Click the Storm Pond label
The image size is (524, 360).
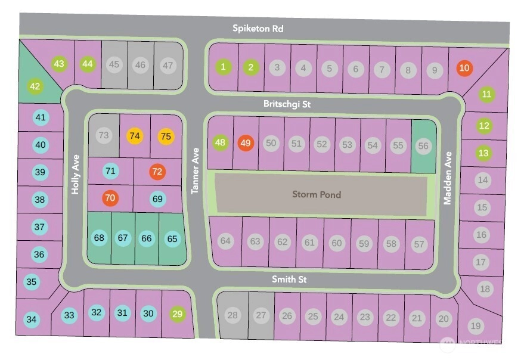point(317,194)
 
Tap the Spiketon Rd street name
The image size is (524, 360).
point(258,29)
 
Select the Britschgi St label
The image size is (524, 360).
point(287,104)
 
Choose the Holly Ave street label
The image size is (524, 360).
point(76,175)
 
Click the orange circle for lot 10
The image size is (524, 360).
point(464,68)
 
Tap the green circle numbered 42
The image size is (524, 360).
point(35,87)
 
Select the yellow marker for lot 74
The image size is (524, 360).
point(135,136)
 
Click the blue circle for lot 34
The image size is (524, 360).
point(32,320)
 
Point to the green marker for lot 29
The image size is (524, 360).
point(177,314)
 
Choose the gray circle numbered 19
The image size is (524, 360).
point(475,325)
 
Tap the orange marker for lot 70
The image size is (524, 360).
point(110,197)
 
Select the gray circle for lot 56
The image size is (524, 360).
point(423,145)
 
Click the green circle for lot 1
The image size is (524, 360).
point(224,67)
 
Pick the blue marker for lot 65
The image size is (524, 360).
point(172,238)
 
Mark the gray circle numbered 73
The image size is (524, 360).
point(104,135)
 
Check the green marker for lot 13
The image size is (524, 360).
point(483,153)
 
